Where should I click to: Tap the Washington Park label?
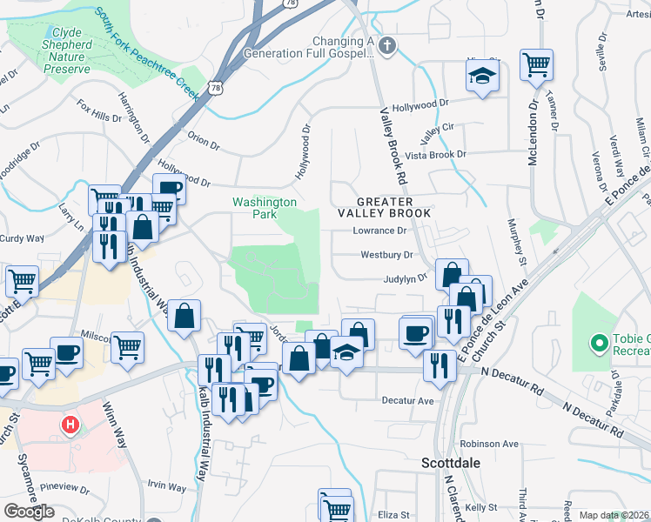(265, 208)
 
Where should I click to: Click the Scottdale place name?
(451, 462)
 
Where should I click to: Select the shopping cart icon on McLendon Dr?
(536, 64)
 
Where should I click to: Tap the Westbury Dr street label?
(386, 256)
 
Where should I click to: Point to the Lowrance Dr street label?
(379, 231)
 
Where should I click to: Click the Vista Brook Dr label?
(437, 155)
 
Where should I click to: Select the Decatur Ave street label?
(407, 401)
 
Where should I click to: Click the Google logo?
(29, 511)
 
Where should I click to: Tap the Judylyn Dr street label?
(406, 279)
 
